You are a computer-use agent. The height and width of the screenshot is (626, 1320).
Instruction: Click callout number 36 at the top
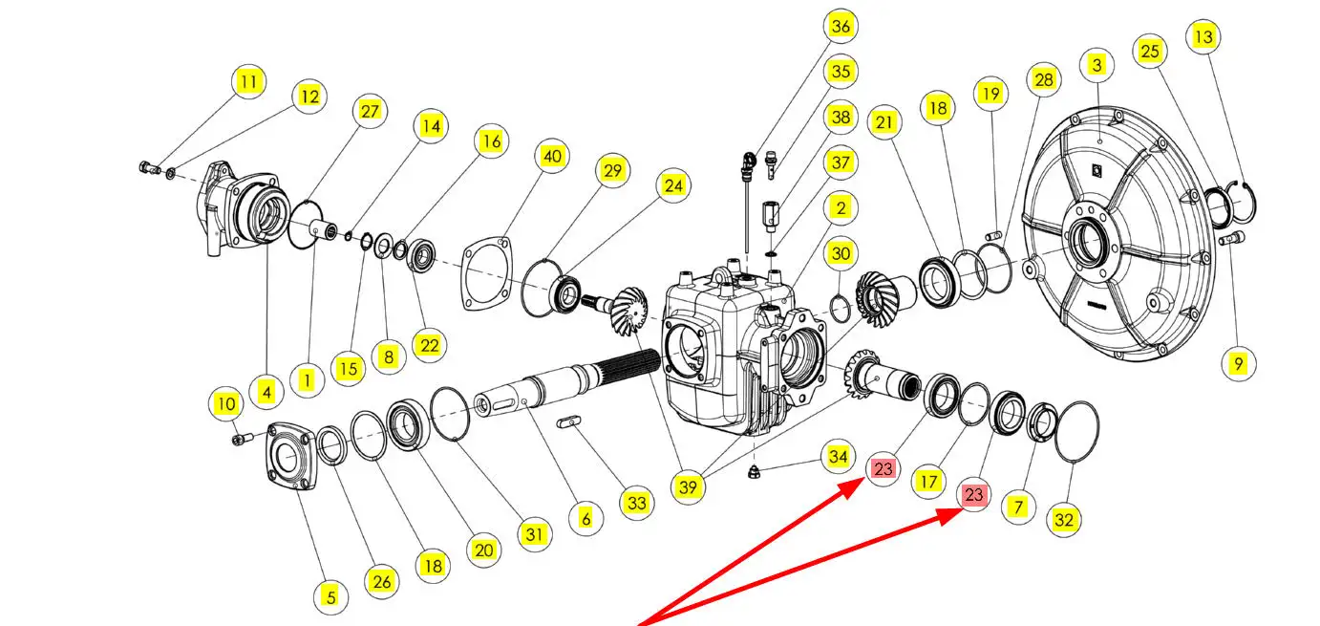point(840,26)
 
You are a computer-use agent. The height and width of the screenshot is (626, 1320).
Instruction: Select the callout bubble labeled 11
point(248,82)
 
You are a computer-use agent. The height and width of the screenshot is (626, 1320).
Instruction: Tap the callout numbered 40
point(552,156)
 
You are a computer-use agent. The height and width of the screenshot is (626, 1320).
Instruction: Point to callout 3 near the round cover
point(1096,65)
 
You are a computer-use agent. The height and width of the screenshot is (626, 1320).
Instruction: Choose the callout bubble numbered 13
point(1203,37)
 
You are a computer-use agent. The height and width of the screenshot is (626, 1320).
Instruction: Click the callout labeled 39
point(688,486)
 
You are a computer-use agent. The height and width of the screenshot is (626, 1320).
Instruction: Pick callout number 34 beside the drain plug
point(837,456)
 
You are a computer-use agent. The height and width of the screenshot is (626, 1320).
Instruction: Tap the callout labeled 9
point(1238,363)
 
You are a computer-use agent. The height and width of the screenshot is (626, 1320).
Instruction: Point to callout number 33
point(637,503)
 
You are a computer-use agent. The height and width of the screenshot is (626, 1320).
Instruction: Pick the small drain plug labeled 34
point(754,471)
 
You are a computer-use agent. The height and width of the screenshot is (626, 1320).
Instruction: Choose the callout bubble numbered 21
point(885,122)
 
